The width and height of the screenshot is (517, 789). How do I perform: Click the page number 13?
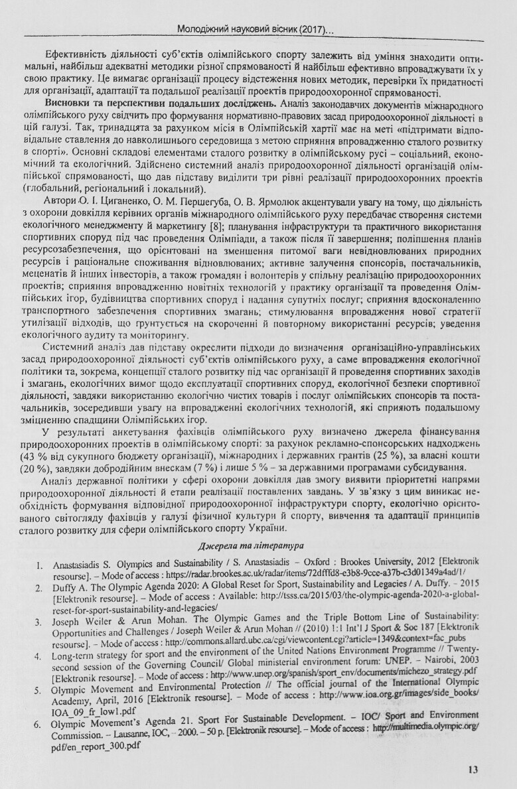click(x=472, y=770)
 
